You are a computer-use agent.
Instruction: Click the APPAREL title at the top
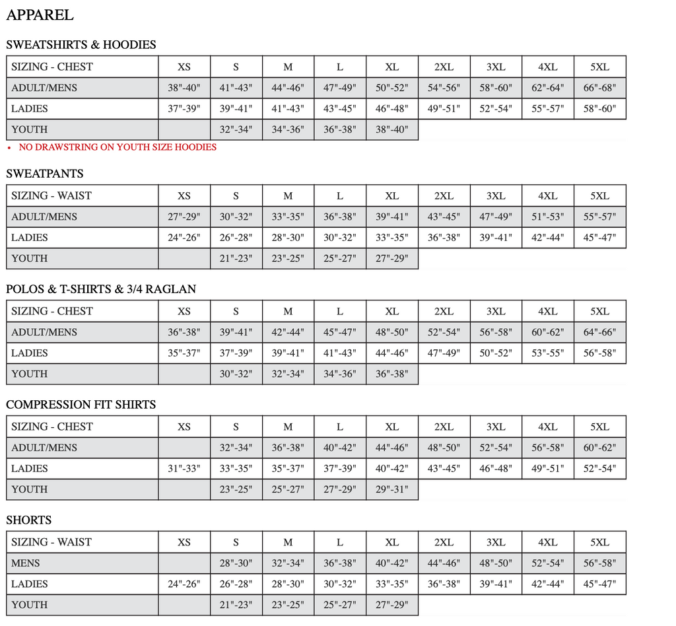tap(40, 15)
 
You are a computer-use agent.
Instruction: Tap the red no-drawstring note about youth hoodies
tap(117, 147)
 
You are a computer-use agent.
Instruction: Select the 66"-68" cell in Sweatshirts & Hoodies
tap(599, 88)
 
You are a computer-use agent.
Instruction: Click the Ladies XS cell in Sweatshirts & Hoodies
tap(184, 109)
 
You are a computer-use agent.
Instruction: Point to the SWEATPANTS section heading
tap(45, 174)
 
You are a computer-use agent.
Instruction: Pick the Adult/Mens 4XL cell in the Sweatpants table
tap(547, 217)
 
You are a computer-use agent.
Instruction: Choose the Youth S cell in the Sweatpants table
tap(236, 259)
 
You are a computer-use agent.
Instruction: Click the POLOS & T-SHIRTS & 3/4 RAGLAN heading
tap(101, 289)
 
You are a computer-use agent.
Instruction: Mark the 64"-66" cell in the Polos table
tap(599, 332)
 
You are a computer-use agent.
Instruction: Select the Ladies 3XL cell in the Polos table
tap(496, 353)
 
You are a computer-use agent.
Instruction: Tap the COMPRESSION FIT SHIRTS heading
tap(81, 405)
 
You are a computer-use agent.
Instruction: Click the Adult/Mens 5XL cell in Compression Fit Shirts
tap(599, 448)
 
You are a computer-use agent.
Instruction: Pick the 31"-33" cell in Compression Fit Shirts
tap(184, 469)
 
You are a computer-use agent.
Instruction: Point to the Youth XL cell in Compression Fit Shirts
tap(392, 489)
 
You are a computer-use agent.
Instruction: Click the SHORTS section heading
tap(29, 520)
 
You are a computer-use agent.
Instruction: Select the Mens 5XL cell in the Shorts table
tap(599, 563)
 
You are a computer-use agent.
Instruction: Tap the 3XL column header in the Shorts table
tap(496, 542)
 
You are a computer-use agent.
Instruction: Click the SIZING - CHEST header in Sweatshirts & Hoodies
tap(52, 67)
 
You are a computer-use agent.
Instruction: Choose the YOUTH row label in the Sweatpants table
tap(30, 259)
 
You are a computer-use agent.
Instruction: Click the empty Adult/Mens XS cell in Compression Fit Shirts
tap(184, 448)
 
